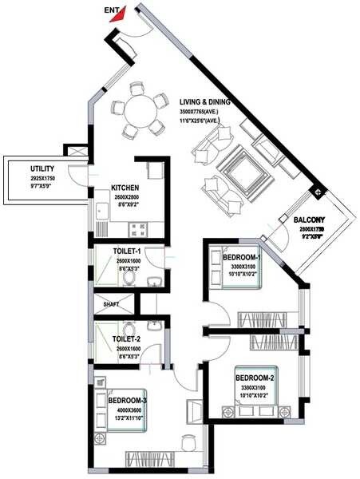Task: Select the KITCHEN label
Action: coord(126,189)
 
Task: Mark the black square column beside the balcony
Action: coord(318,192)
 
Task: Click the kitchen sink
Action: coord(101,212)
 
